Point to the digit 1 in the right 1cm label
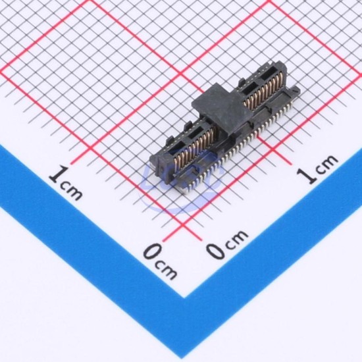[305, 176]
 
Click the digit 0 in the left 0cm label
[152, 252]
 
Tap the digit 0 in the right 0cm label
[215, 249]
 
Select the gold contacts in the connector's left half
[194, 146]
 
